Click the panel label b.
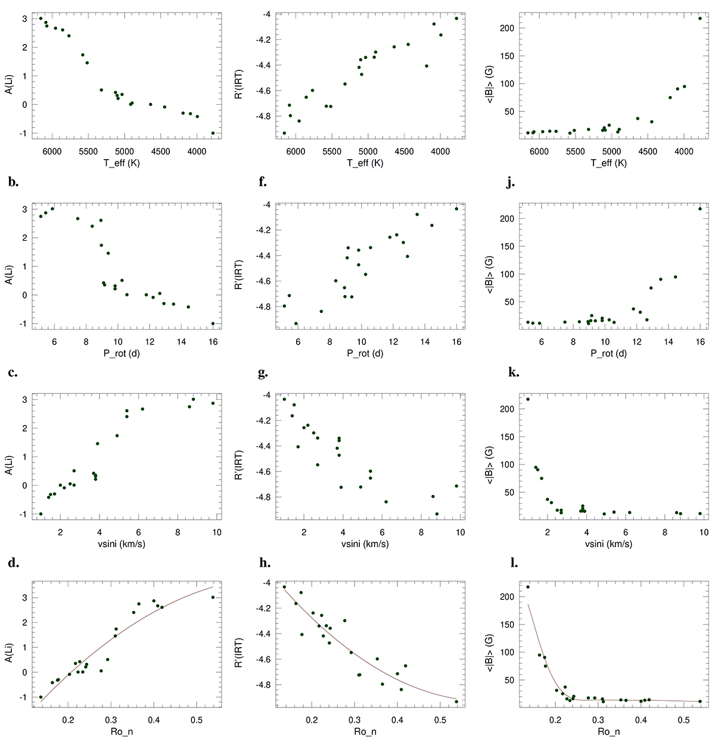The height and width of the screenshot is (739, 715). [13, 182]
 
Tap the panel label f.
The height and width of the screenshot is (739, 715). [262, 182]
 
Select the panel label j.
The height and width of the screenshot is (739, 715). [510, 182]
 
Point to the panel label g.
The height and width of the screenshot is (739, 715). [263, 373]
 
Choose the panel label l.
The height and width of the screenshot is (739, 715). [511, 562]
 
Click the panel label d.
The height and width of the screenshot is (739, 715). [13, 562]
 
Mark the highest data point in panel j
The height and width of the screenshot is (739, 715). [700, 209]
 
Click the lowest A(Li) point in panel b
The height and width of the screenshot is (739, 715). [213, 324]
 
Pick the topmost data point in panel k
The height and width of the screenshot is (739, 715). [528, 399]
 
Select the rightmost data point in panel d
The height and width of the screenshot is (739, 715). [213, 597]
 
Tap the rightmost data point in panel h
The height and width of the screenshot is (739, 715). [456, 701]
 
